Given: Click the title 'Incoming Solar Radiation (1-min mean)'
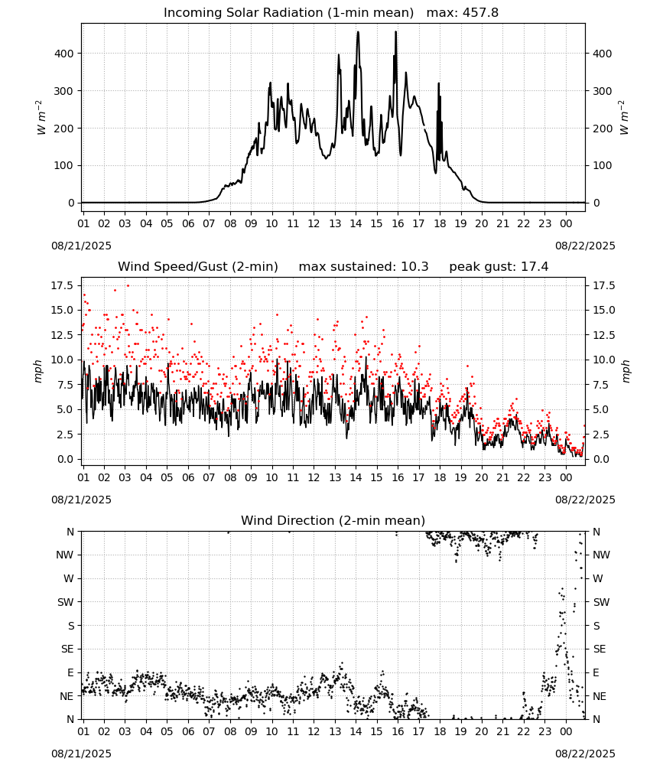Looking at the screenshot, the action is click(288, 13).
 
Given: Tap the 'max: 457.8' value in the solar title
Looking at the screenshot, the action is click(463, 13).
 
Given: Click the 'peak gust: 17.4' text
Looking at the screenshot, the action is click(499, 267).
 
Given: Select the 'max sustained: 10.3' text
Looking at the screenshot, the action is click(363, 267).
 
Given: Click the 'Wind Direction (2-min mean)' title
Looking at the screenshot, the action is click(333, 520).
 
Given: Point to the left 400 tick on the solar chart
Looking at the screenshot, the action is click(64, 54).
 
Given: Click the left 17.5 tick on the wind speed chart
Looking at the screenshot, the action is click(63, 285).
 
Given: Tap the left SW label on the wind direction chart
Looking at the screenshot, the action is click(66, 602).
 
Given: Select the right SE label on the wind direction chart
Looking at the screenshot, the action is click(600, 649).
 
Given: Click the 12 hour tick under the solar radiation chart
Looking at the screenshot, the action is click(314, 223).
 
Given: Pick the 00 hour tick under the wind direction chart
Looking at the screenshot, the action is click(566, 731).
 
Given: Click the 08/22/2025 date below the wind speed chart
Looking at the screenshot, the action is click(585, 500).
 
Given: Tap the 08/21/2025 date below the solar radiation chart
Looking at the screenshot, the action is click(81, 246).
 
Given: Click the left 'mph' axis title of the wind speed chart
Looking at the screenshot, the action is click(38, 371).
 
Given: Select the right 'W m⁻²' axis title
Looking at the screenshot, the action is click(625, 117).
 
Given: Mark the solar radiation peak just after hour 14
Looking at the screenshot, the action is click(358, 32).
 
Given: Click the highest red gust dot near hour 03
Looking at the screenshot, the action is click(128, 286).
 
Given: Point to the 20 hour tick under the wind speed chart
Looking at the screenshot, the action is click(481, 477).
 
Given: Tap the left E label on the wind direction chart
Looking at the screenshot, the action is click(70, 672).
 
